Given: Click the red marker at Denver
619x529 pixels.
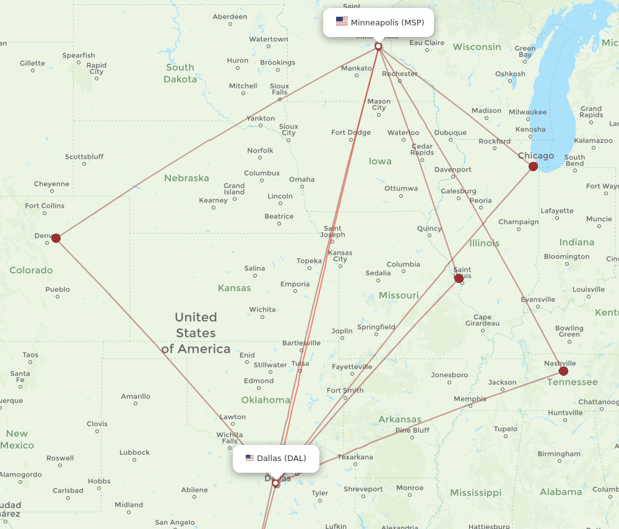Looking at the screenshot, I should (56, 238).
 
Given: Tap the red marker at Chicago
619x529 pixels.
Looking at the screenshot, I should (533, 166).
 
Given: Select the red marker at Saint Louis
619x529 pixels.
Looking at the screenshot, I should (459, 279).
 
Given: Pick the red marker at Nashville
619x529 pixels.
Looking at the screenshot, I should (563, 371).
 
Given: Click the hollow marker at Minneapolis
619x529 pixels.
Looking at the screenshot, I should (378, 46).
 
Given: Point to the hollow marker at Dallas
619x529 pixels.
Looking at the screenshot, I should (275, 483).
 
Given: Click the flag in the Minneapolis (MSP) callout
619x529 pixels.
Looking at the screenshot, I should (342, 22).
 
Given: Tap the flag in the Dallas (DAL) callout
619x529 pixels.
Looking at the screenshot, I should (249, 458).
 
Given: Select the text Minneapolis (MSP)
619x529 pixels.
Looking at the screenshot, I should (387, 22).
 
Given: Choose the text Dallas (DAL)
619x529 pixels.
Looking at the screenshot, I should (282, 458).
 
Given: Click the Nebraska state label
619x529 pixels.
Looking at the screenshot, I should (186, 178).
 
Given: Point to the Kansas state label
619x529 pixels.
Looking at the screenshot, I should (235, 288).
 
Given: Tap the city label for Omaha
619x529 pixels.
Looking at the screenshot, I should (301, 180).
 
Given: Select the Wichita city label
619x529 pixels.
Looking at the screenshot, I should (262, 310).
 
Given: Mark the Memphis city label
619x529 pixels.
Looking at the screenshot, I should (470, 399).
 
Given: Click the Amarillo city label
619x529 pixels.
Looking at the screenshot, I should (136, 396).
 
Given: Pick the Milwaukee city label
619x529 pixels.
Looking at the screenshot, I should (527, 112).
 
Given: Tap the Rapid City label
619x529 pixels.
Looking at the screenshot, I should (97, 68).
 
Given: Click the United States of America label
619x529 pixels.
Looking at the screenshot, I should (196, 333).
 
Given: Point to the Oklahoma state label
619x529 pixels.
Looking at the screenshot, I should (266, 400).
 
